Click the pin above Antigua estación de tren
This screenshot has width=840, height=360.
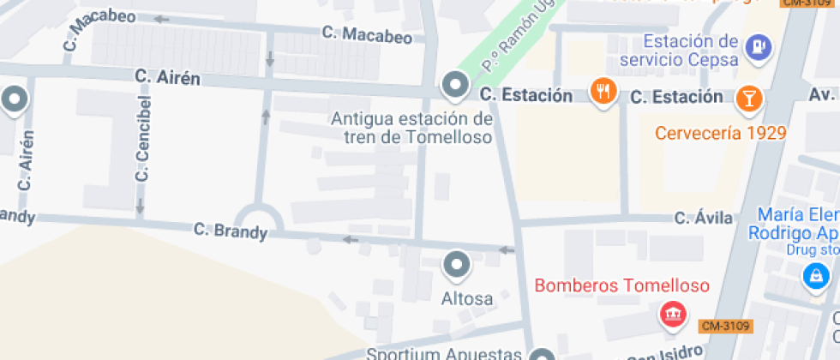point(454,85)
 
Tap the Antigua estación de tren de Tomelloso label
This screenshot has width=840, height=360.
point(411,128)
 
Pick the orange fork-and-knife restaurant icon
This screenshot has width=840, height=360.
point(604,91)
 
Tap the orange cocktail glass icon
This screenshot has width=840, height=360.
point(749,97)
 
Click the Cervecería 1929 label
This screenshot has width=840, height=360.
point(720,133)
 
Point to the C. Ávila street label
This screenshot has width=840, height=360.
point(704,218)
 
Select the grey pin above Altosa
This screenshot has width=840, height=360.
point(456,265)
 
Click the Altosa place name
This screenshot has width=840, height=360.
point(467,299)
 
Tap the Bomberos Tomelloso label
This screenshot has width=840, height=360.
point(621,285)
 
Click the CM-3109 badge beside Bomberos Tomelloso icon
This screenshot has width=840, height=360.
point(725,326)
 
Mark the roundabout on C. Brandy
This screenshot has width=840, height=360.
point(259,225)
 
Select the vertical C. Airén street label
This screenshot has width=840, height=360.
point(26,159)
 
